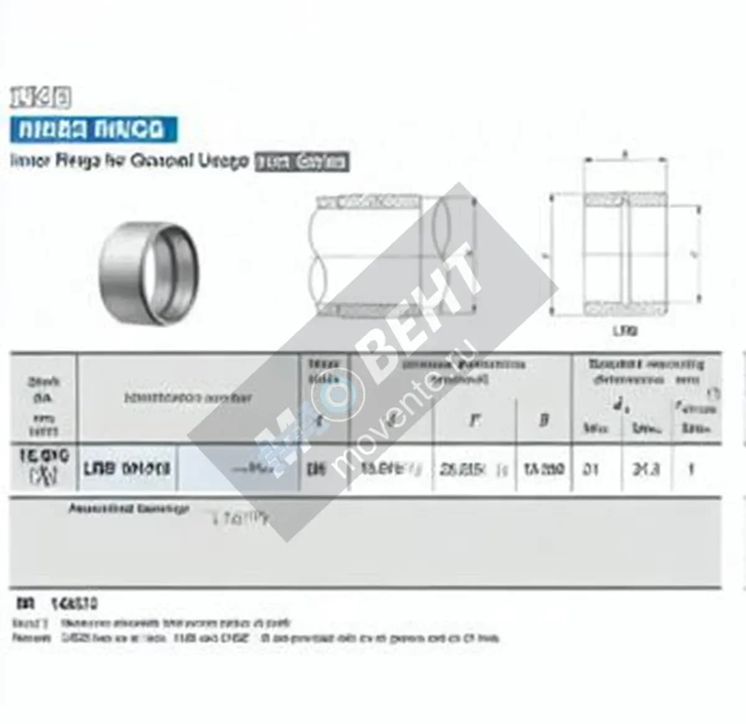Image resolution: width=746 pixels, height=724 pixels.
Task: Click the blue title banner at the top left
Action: [x=93, y=129]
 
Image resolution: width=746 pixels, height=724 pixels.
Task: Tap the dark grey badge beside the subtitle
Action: [x=303, y=162]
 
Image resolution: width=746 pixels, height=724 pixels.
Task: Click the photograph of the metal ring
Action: [x=149, y=272]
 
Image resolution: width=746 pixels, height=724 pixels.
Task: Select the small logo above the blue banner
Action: [x=40, y=98]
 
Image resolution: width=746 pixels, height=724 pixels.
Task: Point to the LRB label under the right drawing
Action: [x=625, y=331]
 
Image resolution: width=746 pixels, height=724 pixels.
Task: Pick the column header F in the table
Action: [x=474, y=421]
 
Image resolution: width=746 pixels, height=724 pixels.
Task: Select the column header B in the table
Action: [x=544, y=421]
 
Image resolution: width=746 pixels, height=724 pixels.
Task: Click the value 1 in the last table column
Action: [x=690, y=469]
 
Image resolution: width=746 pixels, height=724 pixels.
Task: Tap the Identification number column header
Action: [x=188, y=398]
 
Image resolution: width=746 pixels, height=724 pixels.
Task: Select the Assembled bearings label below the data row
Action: [x=128, y=509]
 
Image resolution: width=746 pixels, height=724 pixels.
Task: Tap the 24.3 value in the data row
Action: [x=646, y=469]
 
